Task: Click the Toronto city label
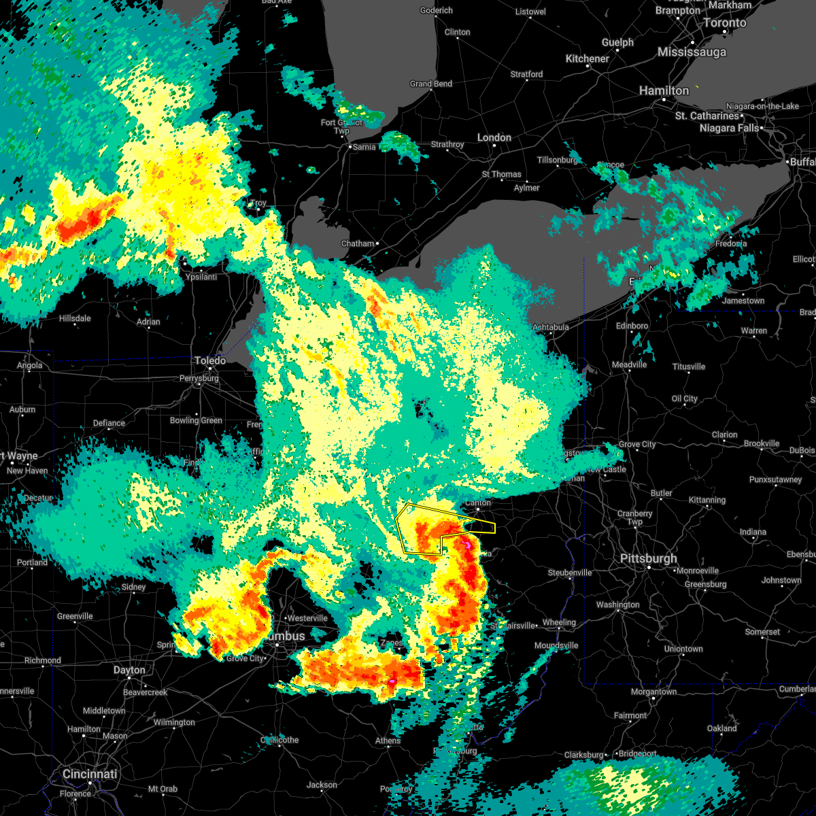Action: tap(724, 22)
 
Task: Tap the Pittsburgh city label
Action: tap(648, 558)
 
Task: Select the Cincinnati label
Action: tap(90, 774)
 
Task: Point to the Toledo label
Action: tap(210, 360)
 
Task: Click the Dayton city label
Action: tap(129, 670)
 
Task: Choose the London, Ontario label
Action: tap(494, 137)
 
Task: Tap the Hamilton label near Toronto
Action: tap(664, 90)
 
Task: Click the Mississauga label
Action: tap(692, 52)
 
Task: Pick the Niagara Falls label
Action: tap(729, 128)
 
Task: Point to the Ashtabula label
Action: tap(550, 327)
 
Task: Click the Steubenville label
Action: tap(570, 573)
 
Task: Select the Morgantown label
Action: tap(653, 692)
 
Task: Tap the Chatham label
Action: tap(358, 243)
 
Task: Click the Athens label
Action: tap(388, 741)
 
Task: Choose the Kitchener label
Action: tap(587, 59)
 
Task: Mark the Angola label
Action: tap(29, 365)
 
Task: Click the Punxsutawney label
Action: tap(775, 479)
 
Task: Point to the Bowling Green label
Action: tap(196, 420)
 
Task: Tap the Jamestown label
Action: tap(743, 301)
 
